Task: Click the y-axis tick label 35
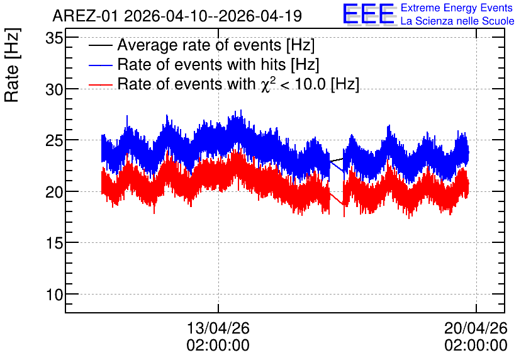tap(54, 38)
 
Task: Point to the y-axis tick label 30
tap(54, 89)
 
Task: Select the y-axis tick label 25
tap(54, 141)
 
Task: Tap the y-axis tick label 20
tap(54, 192)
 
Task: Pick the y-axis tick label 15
tap(54, 244)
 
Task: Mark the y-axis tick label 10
tap(54, 295)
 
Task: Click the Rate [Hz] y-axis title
tap(12, 65)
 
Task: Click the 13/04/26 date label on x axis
tap(218, 328)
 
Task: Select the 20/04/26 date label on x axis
tap(476, 328)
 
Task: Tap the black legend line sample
tap(100, 45)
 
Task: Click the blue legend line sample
tap(100, 65)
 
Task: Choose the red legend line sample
tap(100, 84)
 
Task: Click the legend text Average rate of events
tap(199, 45)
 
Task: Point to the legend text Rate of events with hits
tap(201, 64)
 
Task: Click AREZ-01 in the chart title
tap(85, 16)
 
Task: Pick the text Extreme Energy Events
tap(457, 8)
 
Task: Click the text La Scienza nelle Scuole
tap(457, 21)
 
